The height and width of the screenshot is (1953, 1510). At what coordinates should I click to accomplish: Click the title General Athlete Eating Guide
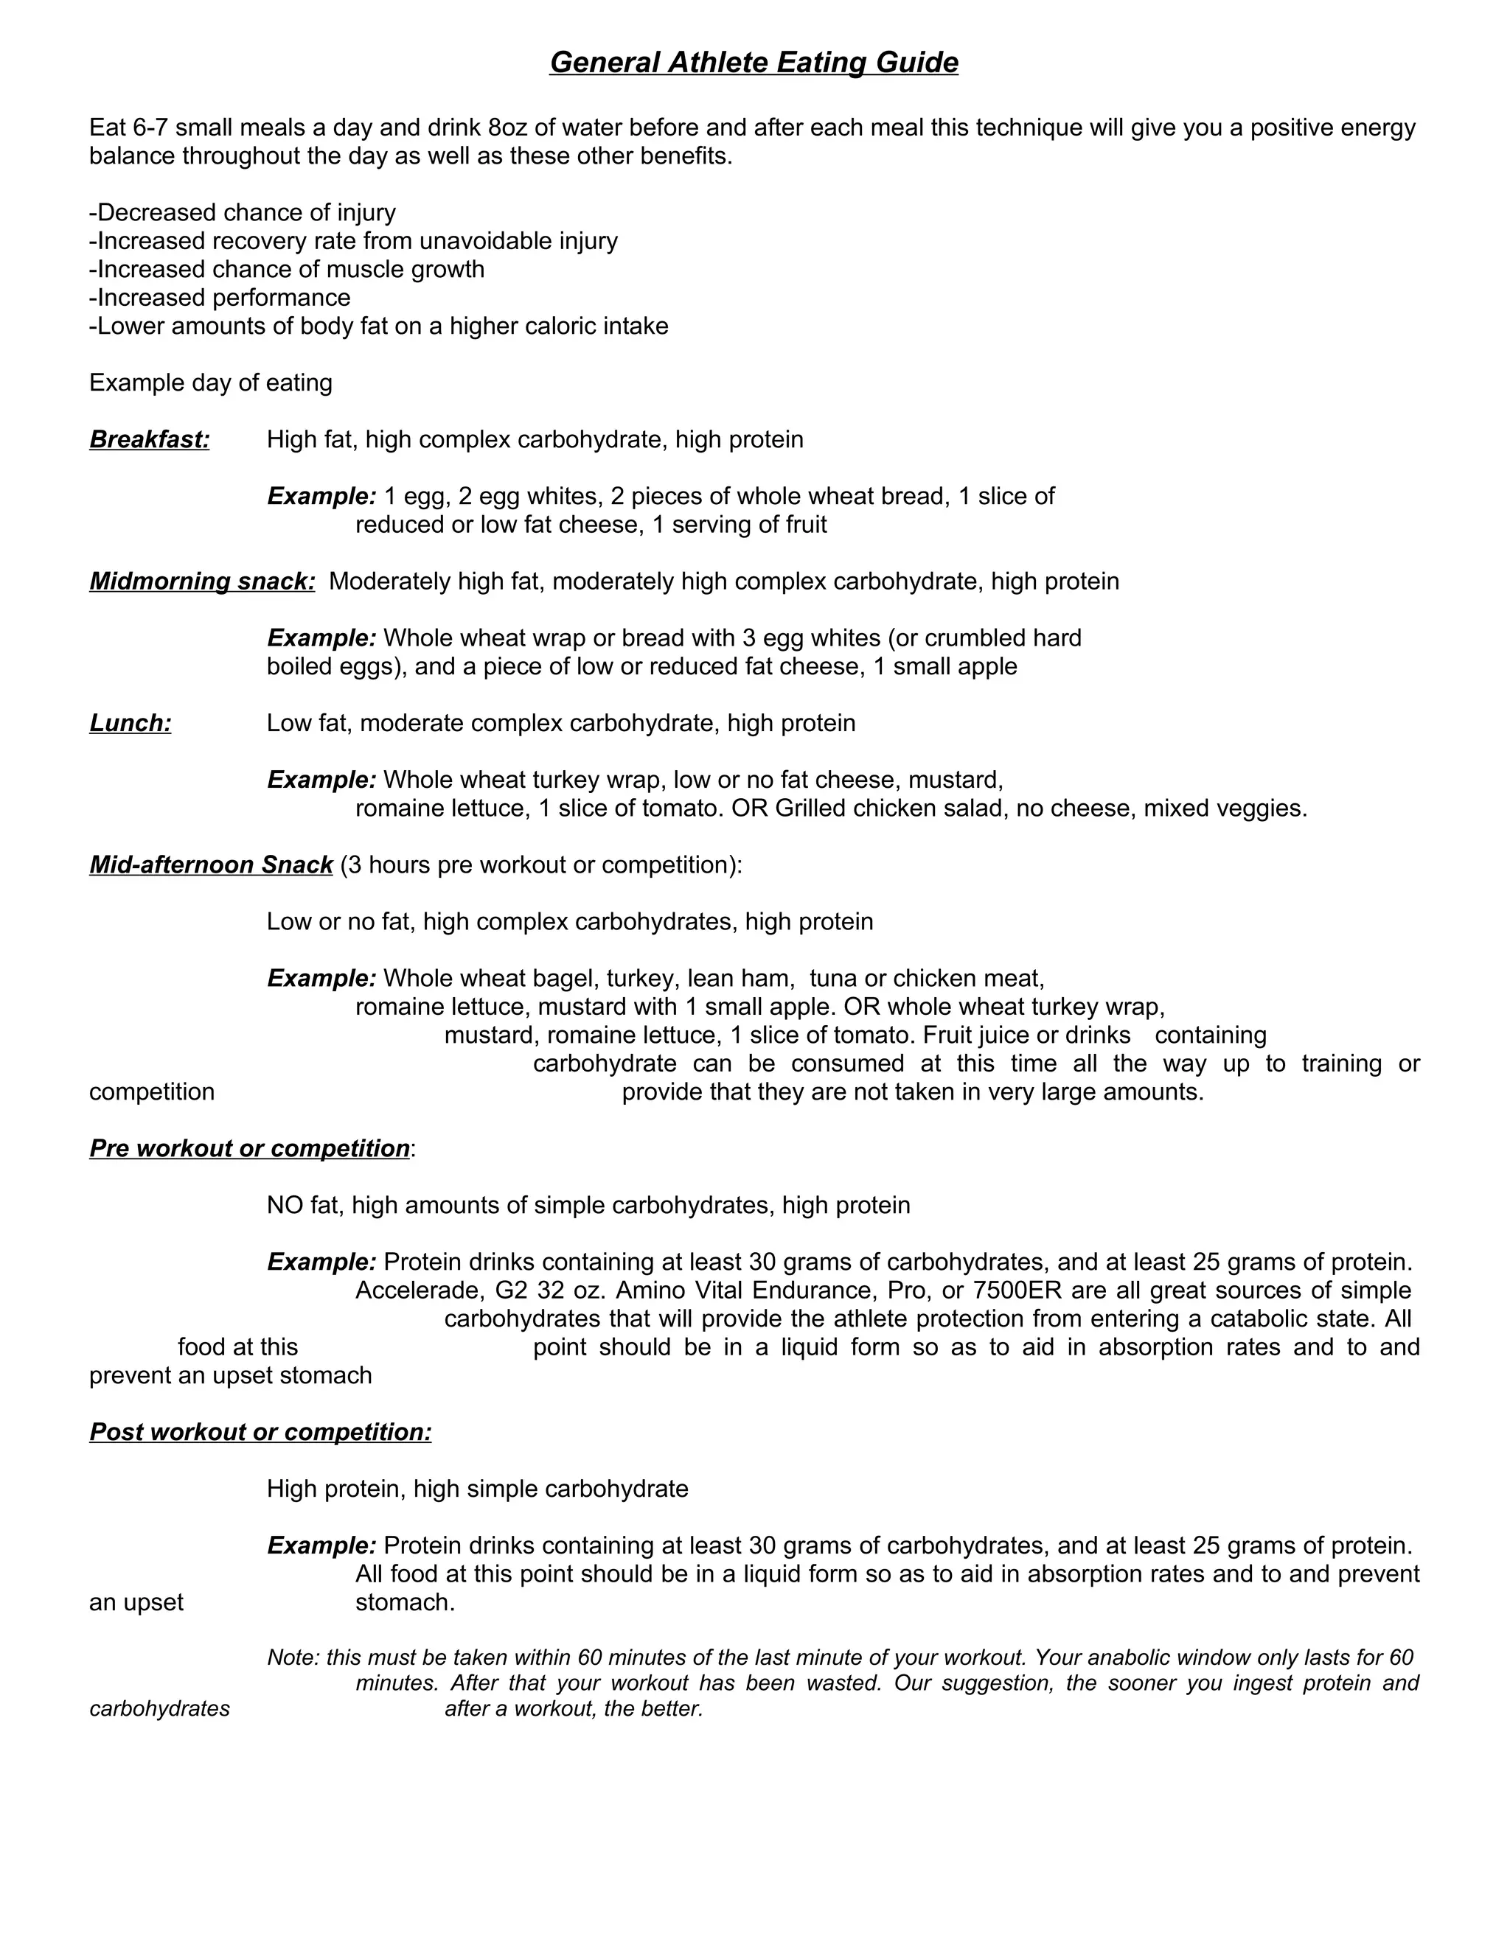pos(754,63)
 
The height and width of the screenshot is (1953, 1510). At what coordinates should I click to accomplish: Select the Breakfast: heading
pos(150,440)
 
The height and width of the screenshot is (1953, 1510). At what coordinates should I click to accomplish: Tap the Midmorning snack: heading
pos(202,582)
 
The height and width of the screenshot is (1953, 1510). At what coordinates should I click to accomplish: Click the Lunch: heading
pos(130,724)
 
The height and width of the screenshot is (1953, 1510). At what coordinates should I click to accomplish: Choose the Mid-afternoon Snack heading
pos(211,866)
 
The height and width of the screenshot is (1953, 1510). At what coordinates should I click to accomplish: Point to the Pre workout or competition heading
pos(250,1149)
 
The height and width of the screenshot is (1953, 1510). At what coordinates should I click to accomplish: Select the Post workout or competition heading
pos(260,1433)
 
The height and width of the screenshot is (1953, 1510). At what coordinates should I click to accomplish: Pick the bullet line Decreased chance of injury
pos(243,213)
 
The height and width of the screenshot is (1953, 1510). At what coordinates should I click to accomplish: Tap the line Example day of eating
pos(210,384)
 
